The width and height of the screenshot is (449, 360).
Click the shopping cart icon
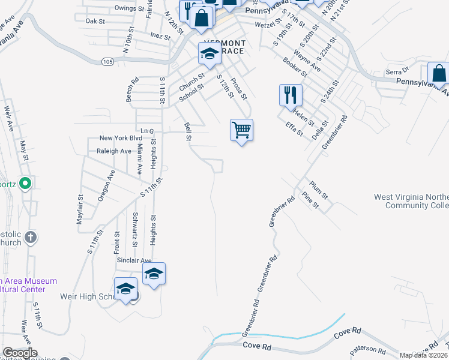point(241,129)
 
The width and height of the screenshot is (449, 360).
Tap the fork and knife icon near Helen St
point(290,94)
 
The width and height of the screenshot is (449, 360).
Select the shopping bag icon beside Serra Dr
point(439,74)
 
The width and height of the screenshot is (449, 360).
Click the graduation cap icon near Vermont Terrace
point(209,55)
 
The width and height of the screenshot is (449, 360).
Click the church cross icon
point(32,238)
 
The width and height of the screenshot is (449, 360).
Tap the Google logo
point(20,353)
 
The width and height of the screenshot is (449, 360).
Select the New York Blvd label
point(116,138)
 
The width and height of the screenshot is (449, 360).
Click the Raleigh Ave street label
point(114,151)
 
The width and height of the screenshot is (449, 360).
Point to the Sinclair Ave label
point(134,260)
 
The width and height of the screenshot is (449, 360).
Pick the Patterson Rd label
point(369,349)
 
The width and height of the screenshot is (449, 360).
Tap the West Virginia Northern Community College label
point(411,201)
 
